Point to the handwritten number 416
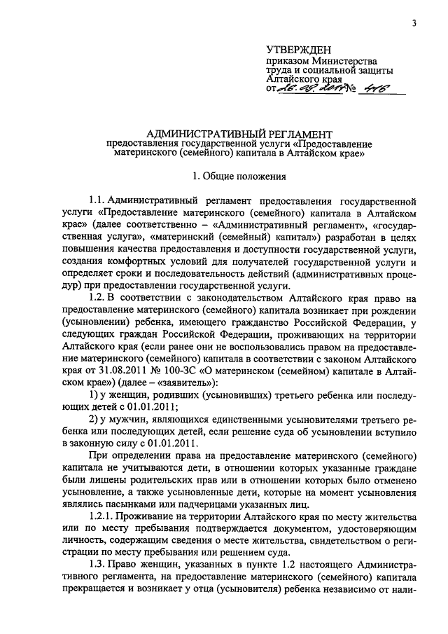pyautogui.click(x=371, y=90)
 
